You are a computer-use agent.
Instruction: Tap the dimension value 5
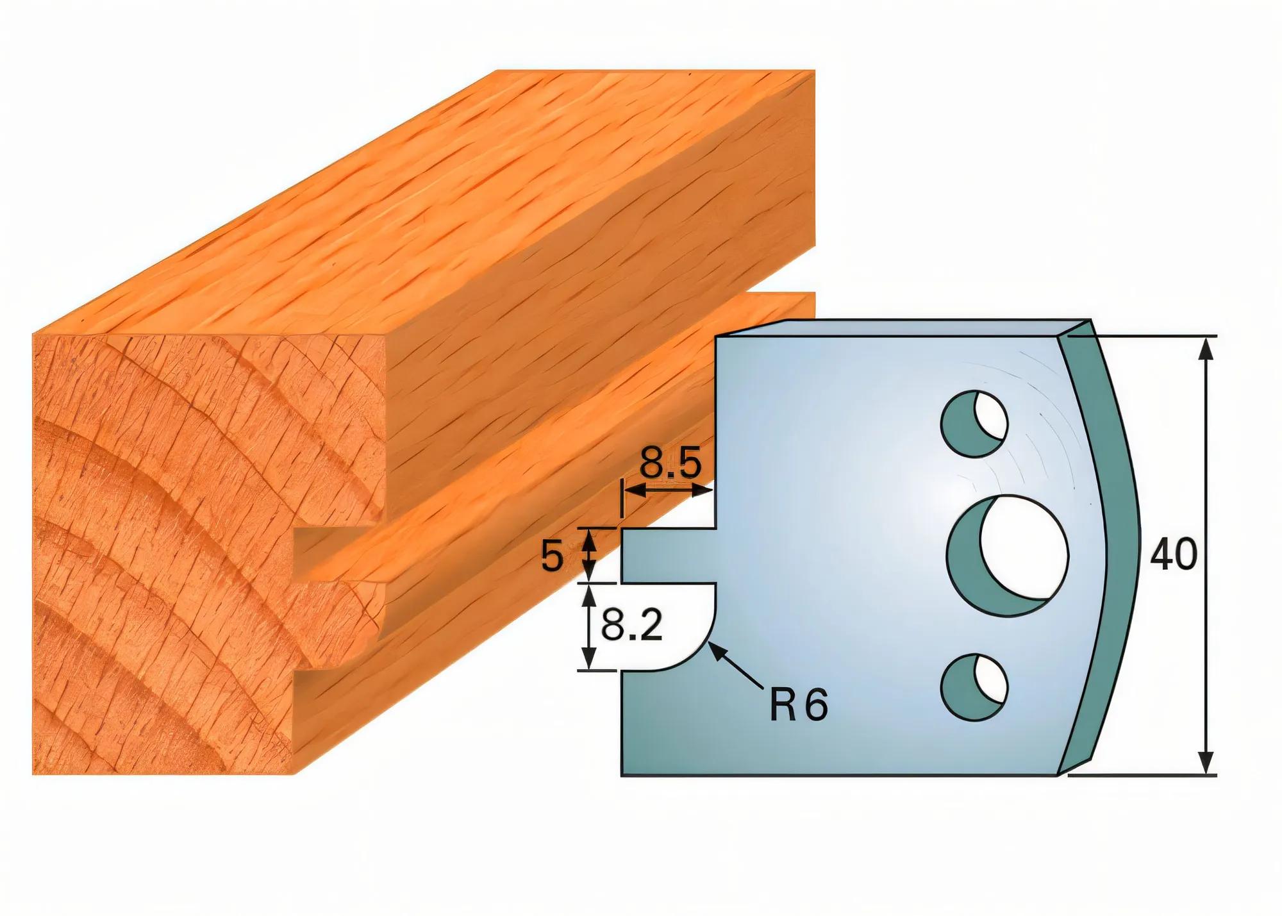pyautogui.click(x=552, y=556)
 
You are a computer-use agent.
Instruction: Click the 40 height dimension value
pyautogui.click(x=1173, y=554)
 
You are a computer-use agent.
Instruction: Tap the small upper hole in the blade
pyautogui.click(x=974, y=423)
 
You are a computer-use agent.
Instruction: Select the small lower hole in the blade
pyautogui.click(x=974, y=687)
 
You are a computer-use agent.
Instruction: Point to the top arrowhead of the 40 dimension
pyautogui.click(x=1206, y=349)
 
